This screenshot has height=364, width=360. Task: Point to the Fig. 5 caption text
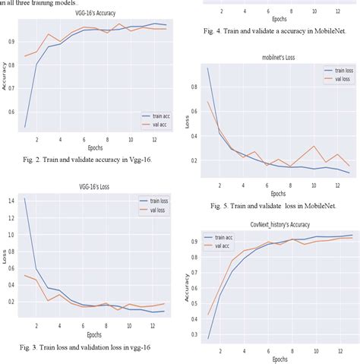pyautogui.click(x=267, y=204)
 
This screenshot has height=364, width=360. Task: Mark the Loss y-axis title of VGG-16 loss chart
pyautogui.click(x=5, y=258)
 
